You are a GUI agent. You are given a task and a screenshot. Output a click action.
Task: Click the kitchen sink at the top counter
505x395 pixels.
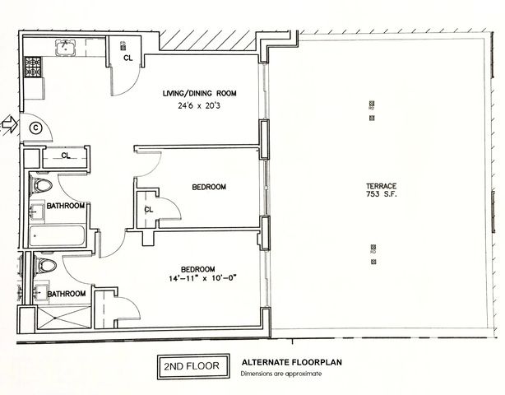click(64, 47)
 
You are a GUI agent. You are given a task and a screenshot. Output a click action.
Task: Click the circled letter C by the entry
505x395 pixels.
click(35, 127)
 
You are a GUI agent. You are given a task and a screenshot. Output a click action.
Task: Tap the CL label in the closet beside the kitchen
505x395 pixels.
click(127, 58)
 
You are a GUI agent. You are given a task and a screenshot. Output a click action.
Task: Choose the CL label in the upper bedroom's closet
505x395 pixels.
click(149, 209)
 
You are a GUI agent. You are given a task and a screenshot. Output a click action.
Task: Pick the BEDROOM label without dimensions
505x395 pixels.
click(209, 187)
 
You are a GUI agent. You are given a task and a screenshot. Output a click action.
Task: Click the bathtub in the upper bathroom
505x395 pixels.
click(58, 237)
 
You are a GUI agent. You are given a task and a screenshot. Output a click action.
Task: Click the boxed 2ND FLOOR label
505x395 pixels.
click(191, 365)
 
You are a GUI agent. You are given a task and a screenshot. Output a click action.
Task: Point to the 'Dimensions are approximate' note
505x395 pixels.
click(280, 374)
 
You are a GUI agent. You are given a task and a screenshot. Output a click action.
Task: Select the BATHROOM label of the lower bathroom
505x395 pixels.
click(66, 294)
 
